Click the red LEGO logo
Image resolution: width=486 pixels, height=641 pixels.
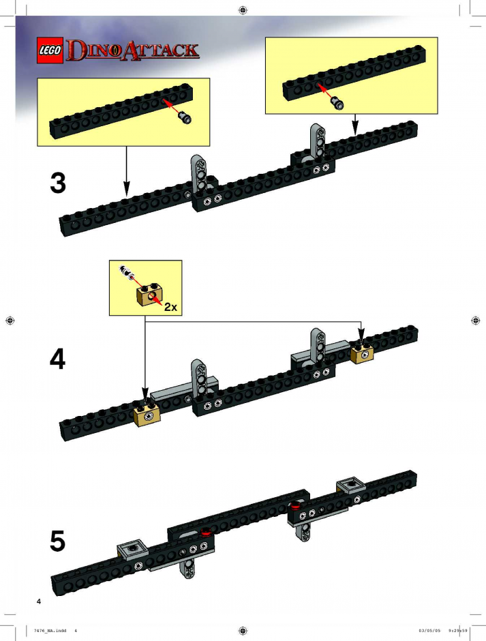[x=50, y=50]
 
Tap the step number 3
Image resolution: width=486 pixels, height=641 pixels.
[x=58, y=183]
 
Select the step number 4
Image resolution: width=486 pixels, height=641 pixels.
[x=58, y=360]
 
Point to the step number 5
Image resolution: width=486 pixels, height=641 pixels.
[x=58, y=541]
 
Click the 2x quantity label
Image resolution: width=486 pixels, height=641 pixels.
[x=170, y=307]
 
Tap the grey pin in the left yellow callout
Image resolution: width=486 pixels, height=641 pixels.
[x=185, y=118]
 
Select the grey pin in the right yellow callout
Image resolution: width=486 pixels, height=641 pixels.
[x=337, y=102]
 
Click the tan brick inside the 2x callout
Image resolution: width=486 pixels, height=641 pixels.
[x=149, y=295]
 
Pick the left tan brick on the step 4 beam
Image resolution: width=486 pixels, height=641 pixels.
[x=147, y=415]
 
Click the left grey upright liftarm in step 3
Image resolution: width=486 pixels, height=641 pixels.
[x=199, y=173]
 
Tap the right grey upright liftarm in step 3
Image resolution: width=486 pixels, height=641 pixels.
[x=318, y=140]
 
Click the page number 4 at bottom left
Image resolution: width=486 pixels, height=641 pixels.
[x=39, y=601]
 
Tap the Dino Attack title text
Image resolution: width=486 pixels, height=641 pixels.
[x=133, y=50]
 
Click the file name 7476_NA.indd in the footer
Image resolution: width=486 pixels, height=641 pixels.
[x=50, y=630]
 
